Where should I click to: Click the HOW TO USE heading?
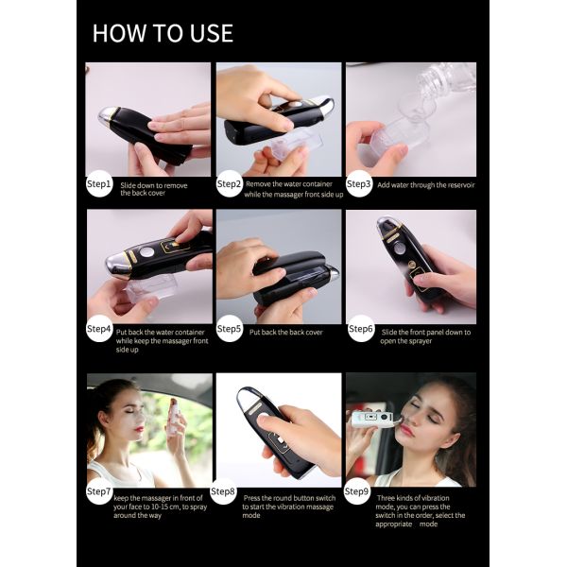(163, 33)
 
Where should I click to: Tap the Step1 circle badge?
(99, 183)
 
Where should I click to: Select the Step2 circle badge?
(229, 183)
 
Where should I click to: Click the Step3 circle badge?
(359, 183)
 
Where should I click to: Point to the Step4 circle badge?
(99, 329)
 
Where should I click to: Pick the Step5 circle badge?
(229, 329)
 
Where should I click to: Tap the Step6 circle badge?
(361, 329)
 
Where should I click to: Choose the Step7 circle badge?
(99, 491)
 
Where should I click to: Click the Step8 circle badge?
(223, 491)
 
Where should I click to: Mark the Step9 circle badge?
(356, 491)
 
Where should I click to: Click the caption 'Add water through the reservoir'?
(425, 185)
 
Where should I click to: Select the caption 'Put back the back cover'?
(285, 333)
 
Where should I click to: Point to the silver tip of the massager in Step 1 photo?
(108, 116)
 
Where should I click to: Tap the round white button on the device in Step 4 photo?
(147, 251)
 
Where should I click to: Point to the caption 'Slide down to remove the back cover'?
(154, 190)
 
